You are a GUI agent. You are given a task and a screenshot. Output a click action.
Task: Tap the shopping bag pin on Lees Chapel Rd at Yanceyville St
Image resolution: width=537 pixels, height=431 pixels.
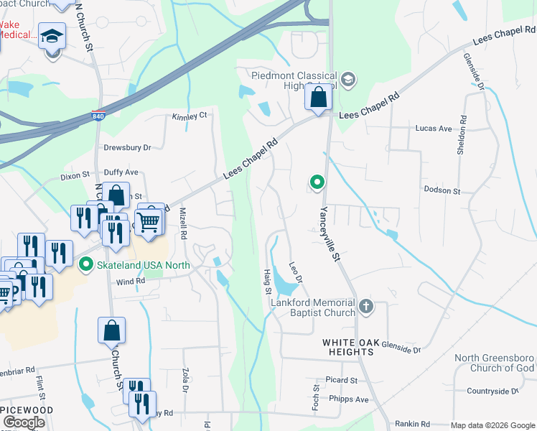pyautogui.click(x=318, y=97)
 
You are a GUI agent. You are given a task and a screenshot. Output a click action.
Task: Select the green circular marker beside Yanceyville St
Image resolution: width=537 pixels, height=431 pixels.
pyautogui.click(x=316, y=184)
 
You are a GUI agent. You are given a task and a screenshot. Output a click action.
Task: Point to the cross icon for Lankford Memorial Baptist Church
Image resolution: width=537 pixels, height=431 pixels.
pyautogui.click(x=366, y=307)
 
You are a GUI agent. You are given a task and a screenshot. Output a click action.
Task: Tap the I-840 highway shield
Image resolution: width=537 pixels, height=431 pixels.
pyautogui.click(x=98, y=115)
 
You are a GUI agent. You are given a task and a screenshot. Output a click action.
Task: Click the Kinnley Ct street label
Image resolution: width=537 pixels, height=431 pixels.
pyautogui.click(x=189, y=115)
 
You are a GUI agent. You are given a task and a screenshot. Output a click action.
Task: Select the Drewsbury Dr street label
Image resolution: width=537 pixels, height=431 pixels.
pyautogui.click(x=127, y=147)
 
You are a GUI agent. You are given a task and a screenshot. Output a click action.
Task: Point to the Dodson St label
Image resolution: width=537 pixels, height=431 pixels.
pyautogui.click(x=442, y=190)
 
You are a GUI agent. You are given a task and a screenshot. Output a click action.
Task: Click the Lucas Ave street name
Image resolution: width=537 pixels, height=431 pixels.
pyautogui.click(x=434, y=129)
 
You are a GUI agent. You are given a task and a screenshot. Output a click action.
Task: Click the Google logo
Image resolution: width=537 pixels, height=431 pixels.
pyautogui.click(x=24, y=422)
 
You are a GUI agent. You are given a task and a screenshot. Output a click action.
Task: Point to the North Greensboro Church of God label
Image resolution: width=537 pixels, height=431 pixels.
pyautogui.click(x=494, y=363)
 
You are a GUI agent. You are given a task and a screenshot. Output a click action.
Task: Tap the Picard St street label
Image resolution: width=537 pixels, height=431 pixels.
pyautogui.click(x=341, y=380)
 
